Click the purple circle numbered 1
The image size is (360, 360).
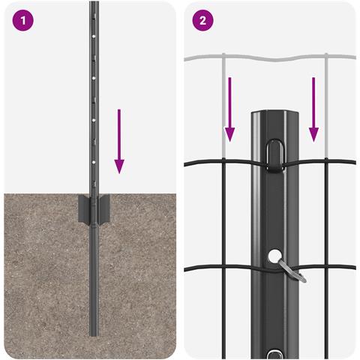click(x=22, y=20)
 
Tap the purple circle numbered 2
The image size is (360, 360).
click(x=202, y=20)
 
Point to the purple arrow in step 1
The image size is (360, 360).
click(x=119, y=141)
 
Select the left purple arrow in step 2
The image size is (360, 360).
click(x=229, y=109)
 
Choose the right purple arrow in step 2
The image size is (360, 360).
click(x=313, y=109)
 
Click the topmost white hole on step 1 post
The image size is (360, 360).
click(x=94, y=37)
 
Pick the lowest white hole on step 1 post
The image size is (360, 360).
click(x=94, y=162)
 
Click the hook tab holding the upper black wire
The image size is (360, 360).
click(x=275, y=156)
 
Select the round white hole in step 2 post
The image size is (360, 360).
click(x=275, y=256)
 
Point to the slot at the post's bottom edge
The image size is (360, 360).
click(x=275, y=355)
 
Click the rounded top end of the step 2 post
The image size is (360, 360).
click(x=275, y=113)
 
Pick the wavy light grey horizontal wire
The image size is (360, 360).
click(x=270, y=58)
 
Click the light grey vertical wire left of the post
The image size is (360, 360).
click(x=223, y=106)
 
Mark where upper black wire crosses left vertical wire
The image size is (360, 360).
click(x=223, y=161)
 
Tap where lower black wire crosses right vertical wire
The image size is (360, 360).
click(x=326, y=267)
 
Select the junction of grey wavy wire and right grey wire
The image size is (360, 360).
click(x=326, y=56)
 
